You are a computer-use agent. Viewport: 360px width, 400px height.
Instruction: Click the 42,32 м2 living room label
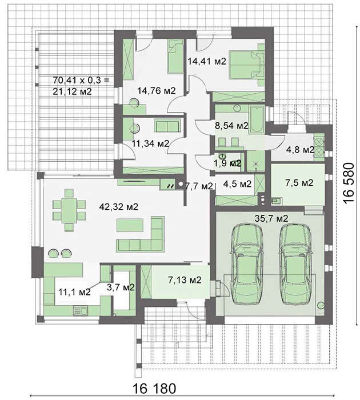click(x=119, y=206)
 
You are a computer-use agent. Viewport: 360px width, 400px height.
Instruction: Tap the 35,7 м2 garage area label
click(x=271, y=218)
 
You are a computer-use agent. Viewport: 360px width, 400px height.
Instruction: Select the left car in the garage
click(x=247, y=264)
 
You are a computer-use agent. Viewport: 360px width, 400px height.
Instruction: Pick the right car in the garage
click(x=296, y=264)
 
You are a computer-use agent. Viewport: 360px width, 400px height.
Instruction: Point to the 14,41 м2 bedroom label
click(x=207, y=61)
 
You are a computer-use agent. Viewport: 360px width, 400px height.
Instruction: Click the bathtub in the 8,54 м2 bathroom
click(x=257, y=119)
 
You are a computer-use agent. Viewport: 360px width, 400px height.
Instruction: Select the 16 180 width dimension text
click(x=154, y=389)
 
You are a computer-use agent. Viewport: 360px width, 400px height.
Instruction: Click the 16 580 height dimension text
click(x=349, y=183)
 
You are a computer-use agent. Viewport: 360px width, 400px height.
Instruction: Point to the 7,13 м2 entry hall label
click(x=185, y=280)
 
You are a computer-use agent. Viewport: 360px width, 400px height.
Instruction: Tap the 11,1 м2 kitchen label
click(x=74, y=292)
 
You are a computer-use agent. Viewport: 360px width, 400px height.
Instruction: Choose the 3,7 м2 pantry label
click(x=121, y=287)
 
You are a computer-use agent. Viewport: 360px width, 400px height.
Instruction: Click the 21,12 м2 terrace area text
click(x=72, y=91)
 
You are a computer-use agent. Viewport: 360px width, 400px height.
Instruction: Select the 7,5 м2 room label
click(x=299, y=183)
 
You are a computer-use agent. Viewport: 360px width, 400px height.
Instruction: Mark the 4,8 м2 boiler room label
click(x=300, y=150)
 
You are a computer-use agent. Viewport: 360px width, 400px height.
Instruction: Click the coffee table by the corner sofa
click(x=130, y=225)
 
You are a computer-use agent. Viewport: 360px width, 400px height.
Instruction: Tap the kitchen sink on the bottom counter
click(x=81, y=311)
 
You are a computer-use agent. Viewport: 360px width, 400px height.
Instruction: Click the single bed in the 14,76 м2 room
click(x=175, y=57)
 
